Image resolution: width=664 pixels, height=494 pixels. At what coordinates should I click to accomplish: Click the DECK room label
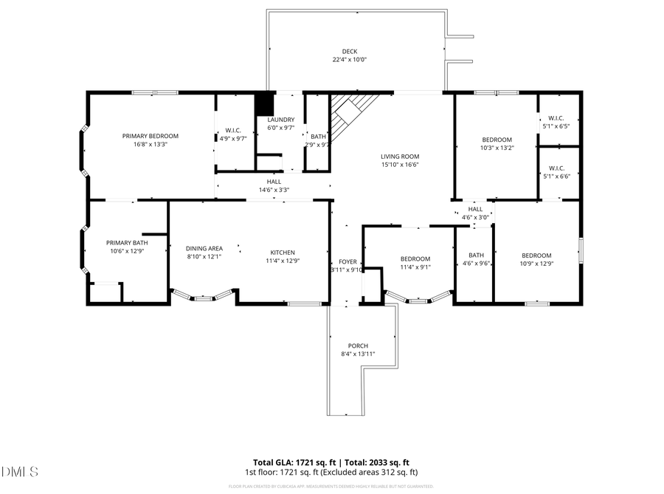tap(350, 51)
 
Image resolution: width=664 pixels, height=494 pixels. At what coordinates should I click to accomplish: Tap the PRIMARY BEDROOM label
tap(151, 136)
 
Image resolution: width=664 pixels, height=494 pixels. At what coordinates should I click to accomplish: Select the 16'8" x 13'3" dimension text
tap(151, 145)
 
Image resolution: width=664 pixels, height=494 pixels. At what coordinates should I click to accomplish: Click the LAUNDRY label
tap(280, 120)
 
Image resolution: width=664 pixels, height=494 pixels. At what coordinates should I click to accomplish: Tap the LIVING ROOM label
tap(400, 157)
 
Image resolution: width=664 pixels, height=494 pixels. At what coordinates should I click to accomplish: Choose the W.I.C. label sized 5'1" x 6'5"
tap(556, 118)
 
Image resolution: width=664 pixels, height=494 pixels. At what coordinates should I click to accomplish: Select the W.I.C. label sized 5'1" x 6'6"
tap(556, 168)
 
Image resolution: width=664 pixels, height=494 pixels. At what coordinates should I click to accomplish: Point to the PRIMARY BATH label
tap(126, 243)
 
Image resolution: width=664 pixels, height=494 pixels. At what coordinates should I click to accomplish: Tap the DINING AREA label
tap(204, 249)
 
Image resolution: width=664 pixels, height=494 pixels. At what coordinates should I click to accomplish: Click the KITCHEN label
tap(283, 251)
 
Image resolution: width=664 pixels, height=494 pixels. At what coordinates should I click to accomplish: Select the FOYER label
tap(347, 261)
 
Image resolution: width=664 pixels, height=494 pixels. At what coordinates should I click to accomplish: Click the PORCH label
tap(358, 346)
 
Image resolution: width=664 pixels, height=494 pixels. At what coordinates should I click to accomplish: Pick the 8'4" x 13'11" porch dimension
tap(358, 354)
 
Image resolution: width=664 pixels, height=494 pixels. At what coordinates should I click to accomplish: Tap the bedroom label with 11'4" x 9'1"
tap(415, 258)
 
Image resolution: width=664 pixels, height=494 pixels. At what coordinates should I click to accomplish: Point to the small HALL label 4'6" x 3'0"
tap(475, 209)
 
